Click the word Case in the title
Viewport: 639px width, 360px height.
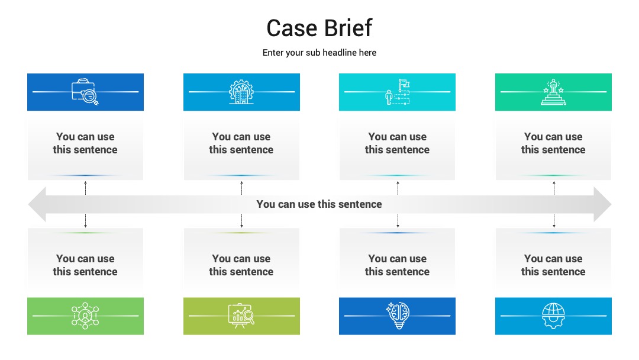(292, 28)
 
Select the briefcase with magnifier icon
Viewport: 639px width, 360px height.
(85, 92)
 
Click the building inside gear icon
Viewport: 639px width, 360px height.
(241, 92)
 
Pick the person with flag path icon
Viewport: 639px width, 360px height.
(398, 92)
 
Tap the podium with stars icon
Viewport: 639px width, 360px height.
(553, 92)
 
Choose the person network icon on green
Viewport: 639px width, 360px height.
(85, 316)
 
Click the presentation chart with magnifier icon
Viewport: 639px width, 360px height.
(241, 316)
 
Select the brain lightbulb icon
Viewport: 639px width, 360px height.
(398, 316)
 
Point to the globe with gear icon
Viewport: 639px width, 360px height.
(553, 316)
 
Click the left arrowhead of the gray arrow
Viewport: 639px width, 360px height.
(37, 204)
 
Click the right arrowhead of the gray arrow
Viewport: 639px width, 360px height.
(602, 204)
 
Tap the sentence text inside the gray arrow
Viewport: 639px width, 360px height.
(319, 204)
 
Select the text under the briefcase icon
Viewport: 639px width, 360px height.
(85, 143)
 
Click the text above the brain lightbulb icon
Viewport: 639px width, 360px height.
(398, 265)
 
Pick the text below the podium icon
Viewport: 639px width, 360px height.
(553, 143)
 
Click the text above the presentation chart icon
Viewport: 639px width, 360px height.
(241, 265)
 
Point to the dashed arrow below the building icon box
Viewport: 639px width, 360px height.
(241, 188)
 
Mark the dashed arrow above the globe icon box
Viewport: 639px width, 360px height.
(554, 221)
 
